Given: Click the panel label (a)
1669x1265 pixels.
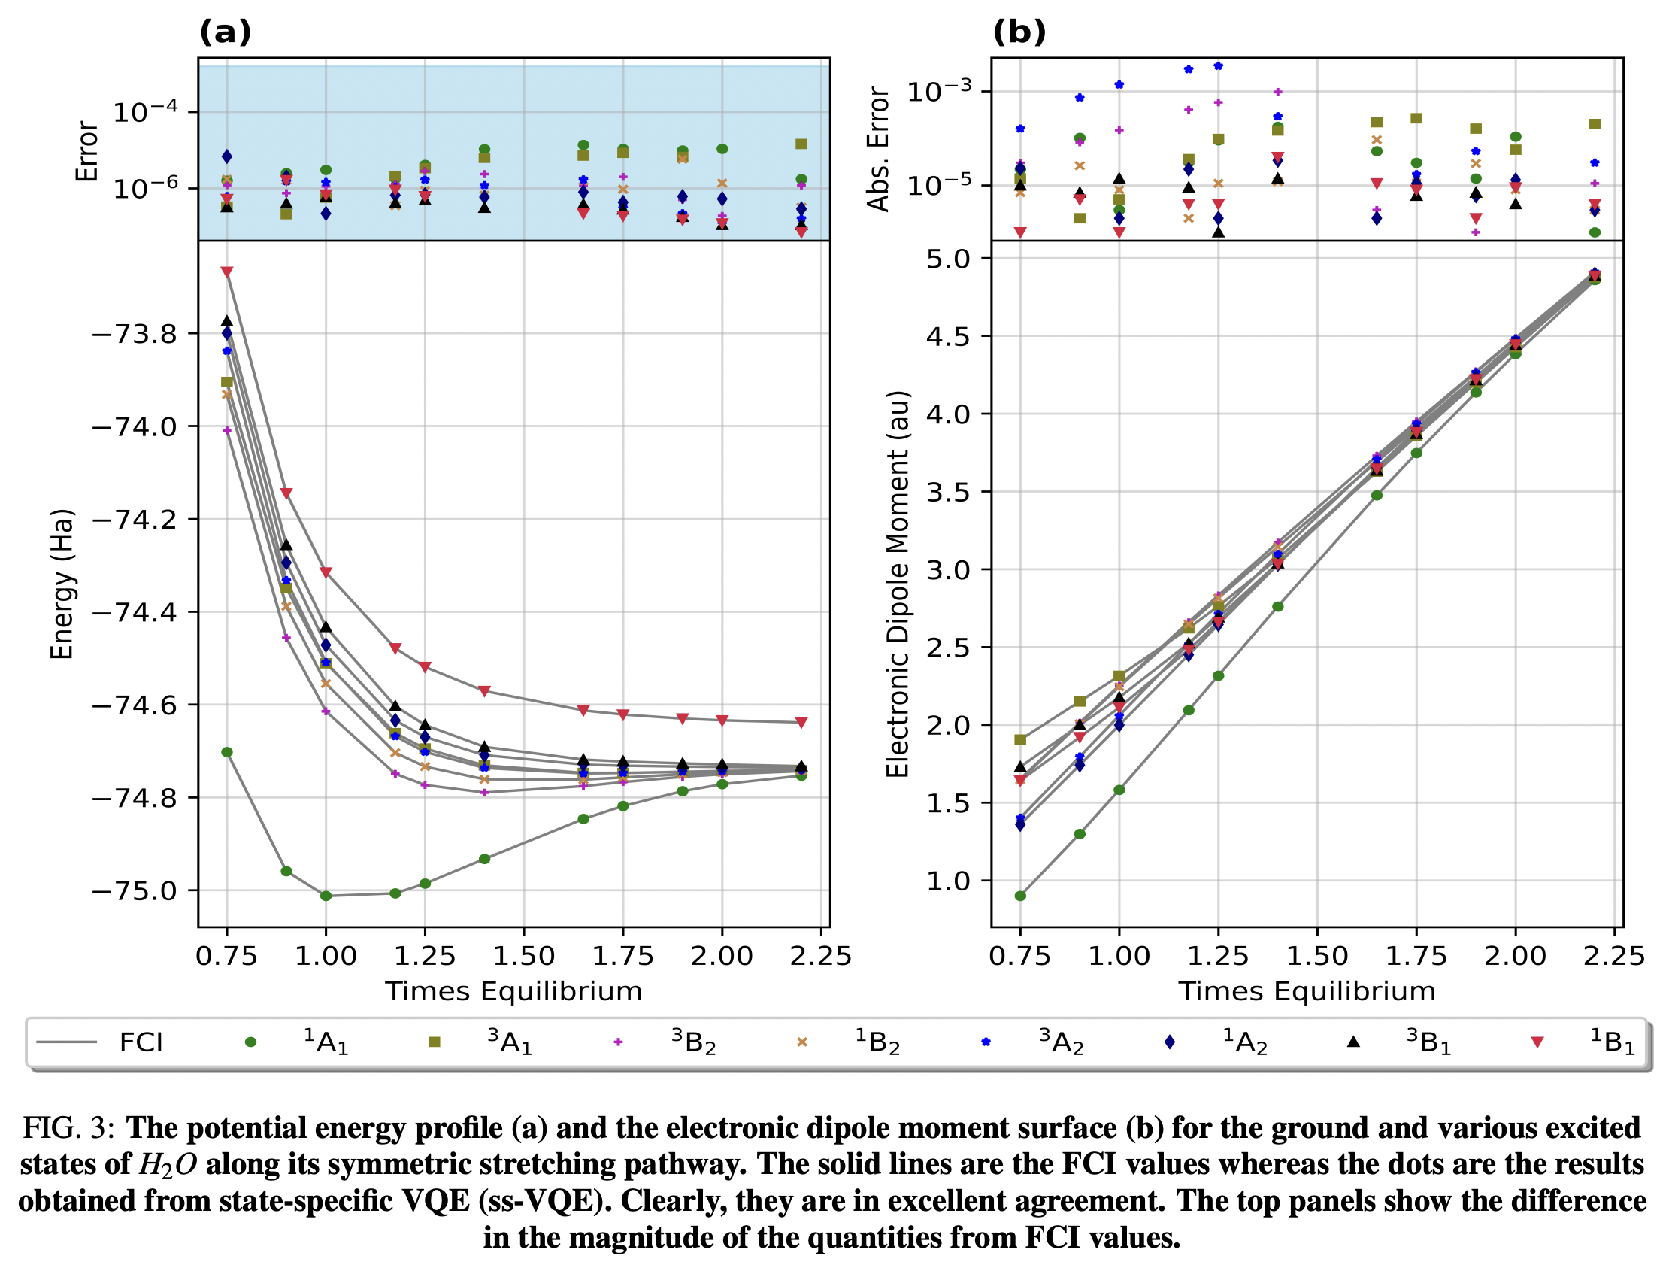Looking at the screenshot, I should tap(225, 32).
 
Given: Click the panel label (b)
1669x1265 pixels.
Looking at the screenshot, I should tap(1019, 32).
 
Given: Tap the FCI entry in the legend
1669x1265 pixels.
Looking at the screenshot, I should tap(141, 1042).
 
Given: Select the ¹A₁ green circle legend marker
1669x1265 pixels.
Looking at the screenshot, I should tap(250, 1042).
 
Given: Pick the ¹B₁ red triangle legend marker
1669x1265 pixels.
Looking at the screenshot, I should tap(1537, 1042).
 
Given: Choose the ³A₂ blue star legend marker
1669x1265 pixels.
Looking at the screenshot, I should tap(986, 1042).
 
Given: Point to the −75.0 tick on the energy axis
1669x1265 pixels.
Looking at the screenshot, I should tap(134, 890).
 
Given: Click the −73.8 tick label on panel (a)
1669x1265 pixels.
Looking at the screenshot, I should tap(134, 334).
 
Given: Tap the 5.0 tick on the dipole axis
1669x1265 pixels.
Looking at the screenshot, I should tap(949, 259).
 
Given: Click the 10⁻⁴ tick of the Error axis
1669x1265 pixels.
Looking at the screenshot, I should tap(146, 113).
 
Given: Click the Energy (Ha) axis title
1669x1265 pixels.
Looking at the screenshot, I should tap(62, 584).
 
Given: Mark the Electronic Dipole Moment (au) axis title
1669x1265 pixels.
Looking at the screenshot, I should tap(898, 584).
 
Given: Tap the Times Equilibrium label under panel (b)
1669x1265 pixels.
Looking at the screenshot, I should tap(1307, 991).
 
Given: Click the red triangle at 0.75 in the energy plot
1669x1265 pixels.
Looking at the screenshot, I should tap(227, 272).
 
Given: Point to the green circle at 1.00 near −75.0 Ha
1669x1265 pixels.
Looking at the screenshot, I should tap(326, 896).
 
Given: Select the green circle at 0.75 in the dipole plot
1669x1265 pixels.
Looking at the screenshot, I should tap(1020, 896).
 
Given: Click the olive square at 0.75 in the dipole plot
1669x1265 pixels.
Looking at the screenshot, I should tap(1020, 740).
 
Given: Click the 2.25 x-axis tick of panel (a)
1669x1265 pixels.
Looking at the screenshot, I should tap(820, 957).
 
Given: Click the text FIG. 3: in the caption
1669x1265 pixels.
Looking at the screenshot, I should tap(68, 1127).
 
